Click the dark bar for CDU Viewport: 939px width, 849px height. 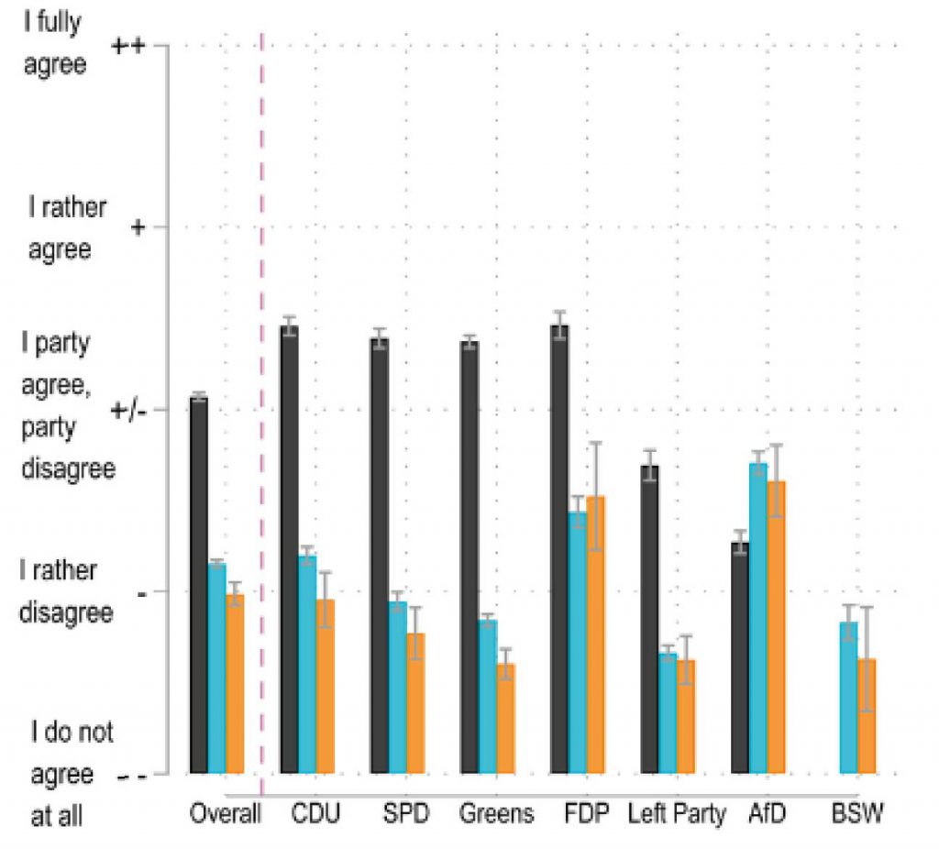pos(289,550)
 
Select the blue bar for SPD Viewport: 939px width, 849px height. pos(397,688)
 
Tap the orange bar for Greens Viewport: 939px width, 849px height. pos(505,719)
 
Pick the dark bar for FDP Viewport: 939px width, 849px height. pos(559,550)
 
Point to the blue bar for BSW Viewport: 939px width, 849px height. pos(849,698)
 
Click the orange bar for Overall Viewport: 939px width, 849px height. pos(235,684)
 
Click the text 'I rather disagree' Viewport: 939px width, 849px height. pos(66,591)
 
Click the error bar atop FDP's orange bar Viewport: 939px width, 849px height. pos(596,496)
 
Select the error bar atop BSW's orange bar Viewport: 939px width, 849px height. pos(867,658)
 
